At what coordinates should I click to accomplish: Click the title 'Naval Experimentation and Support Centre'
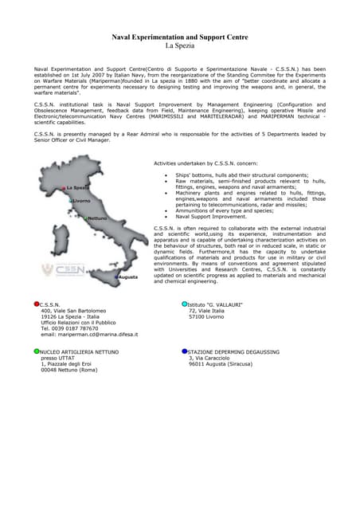179,37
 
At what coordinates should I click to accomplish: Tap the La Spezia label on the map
77,187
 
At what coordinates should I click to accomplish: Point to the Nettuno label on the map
97,218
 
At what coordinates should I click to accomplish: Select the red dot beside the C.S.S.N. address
37,304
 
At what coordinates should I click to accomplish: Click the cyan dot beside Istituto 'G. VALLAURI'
185,304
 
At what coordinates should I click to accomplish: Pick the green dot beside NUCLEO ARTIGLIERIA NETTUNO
37,351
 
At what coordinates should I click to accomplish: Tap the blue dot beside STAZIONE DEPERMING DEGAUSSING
185,351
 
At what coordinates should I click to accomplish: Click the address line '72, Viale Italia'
207,310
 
